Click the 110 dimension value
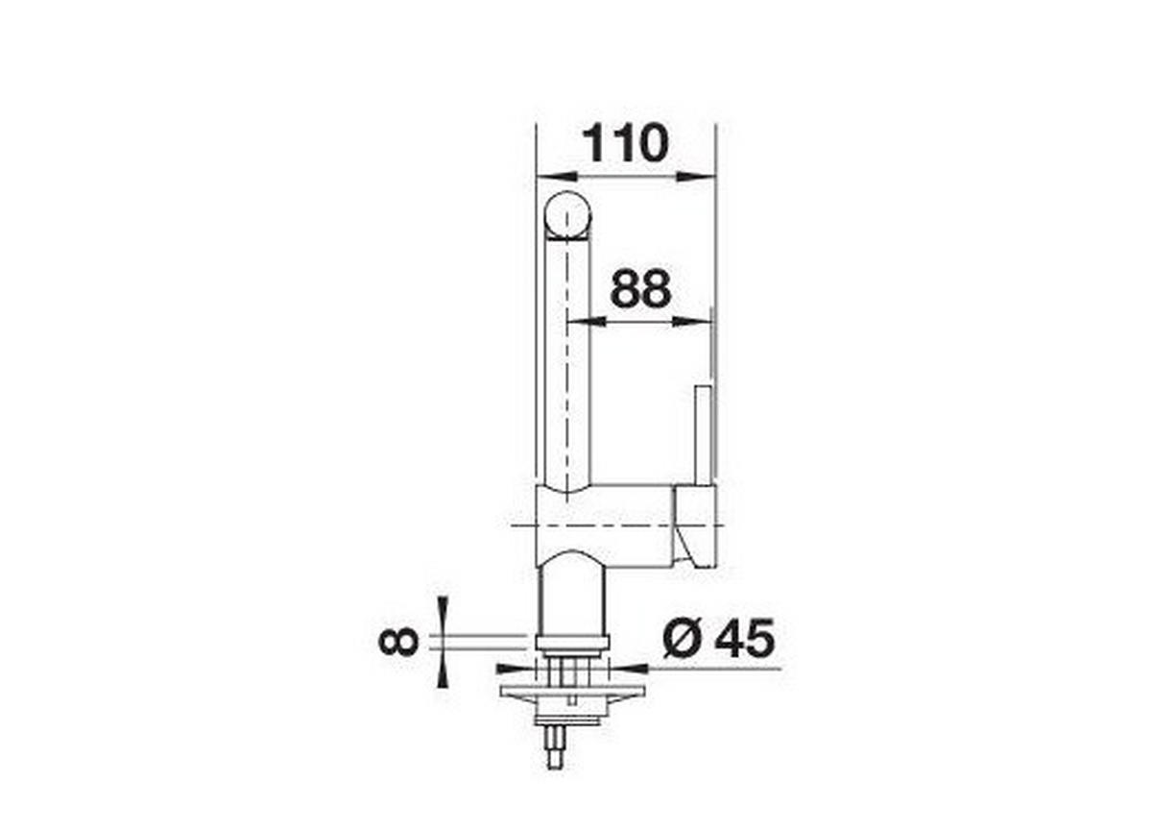pyautogui.click(x=625, y=144)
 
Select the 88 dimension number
pyautogui.click(x=640, y=289)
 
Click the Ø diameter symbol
pyautogui.click(x=683, y=638)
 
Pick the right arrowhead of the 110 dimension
pyautogui.click(x=698, y=177)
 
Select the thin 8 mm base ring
pyautogui.click(x=570, y=642)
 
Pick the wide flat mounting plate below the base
pyautogui.click(x=570, y=690)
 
